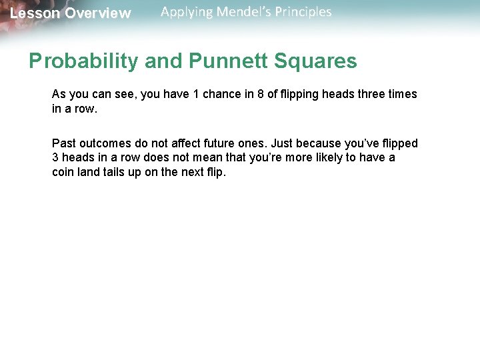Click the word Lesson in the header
click(34, 13)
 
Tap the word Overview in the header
click(98, 13)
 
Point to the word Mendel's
click(245, 12)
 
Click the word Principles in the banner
click(304, 12)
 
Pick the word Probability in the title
click(84, 61)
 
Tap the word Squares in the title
click(317, 61)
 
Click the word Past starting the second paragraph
click(64, 143)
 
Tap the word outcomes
click(107, 143)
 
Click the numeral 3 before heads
click(55, 157)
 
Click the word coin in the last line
click(63, 171)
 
